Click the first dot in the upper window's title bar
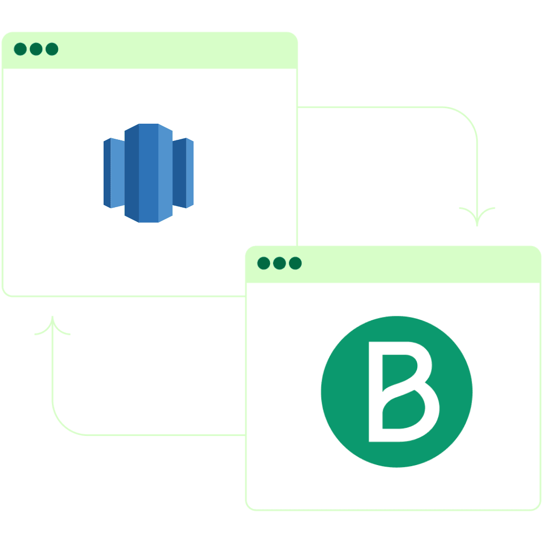(20, 49)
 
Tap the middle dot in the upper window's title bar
(36, 49)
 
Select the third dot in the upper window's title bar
(52, 49)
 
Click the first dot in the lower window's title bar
(263, 263)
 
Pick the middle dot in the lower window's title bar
(280, 263)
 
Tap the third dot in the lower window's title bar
(296, 263)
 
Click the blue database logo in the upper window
(148, 173)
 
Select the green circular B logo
(397, 392)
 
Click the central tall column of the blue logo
(148, 173)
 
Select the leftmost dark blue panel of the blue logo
(107, 173)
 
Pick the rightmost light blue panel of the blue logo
(190, 173)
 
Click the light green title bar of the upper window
(150, 50)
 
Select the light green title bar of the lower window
(393, 264)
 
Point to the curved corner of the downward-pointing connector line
(467, 118)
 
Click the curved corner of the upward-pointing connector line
(63, 424)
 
